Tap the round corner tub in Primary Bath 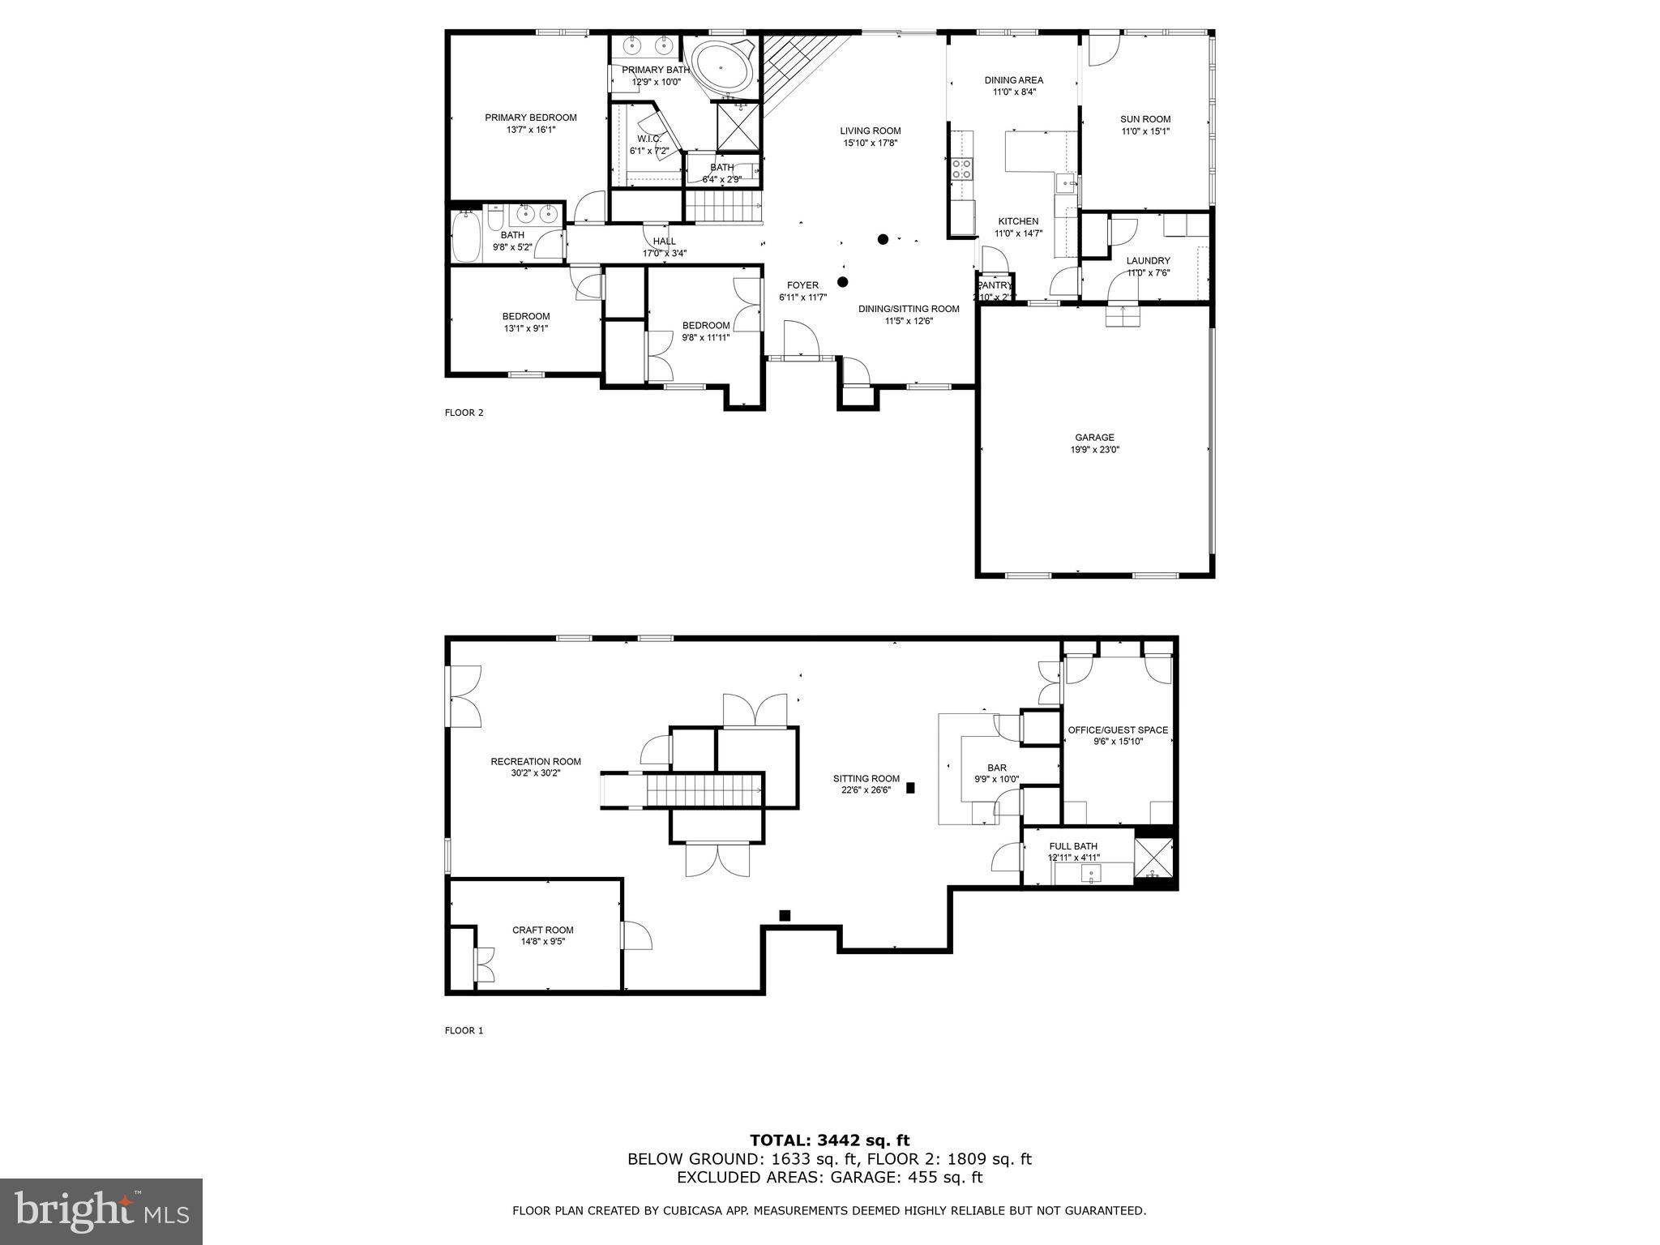pyautogui.click(x=721, y=70)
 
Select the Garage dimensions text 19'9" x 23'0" pyautogui.click(x=1095, y=450)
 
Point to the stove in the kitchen pyautogui.click(x=962, y=169)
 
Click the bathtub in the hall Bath pyautogui.click(x=467, y=236)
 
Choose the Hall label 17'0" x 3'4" pyautogui.click(x=665, y=253)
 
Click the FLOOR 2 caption pyautogui.click(x=464, y=413)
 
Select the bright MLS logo pyautogui.click(x=101, y=1211)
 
